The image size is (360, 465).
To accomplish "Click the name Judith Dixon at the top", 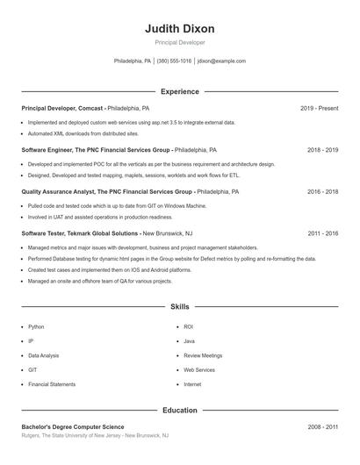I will click(180, 28).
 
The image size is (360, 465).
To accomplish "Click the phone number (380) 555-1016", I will click(174, 61).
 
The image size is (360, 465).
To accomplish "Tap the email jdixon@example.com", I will click(221, 61).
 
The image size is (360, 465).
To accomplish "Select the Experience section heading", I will click(180, 91).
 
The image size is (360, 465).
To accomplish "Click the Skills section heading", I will click(180, 307).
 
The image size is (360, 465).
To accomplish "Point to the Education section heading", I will click(180, 410).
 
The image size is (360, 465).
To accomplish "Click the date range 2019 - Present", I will click(319, 108).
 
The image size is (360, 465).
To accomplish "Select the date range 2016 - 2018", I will click(323, 191).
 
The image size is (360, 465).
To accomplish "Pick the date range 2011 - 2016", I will click(323, 233).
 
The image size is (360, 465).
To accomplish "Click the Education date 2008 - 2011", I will click(323, 426).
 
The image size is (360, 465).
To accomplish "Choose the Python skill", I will click(36, 326).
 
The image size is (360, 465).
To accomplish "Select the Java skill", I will click(189, 340).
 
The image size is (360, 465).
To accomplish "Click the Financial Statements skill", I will click(51, 384).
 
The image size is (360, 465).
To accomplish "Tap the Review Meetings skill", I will click(203, 355).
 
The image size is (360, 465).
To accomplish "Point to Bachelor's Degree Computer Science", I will click(73, 426).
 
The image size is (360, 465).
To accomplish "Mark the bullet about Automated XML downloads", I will click(83, 133).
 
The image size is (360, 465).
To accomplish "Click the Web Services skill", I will click(199, 369).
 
